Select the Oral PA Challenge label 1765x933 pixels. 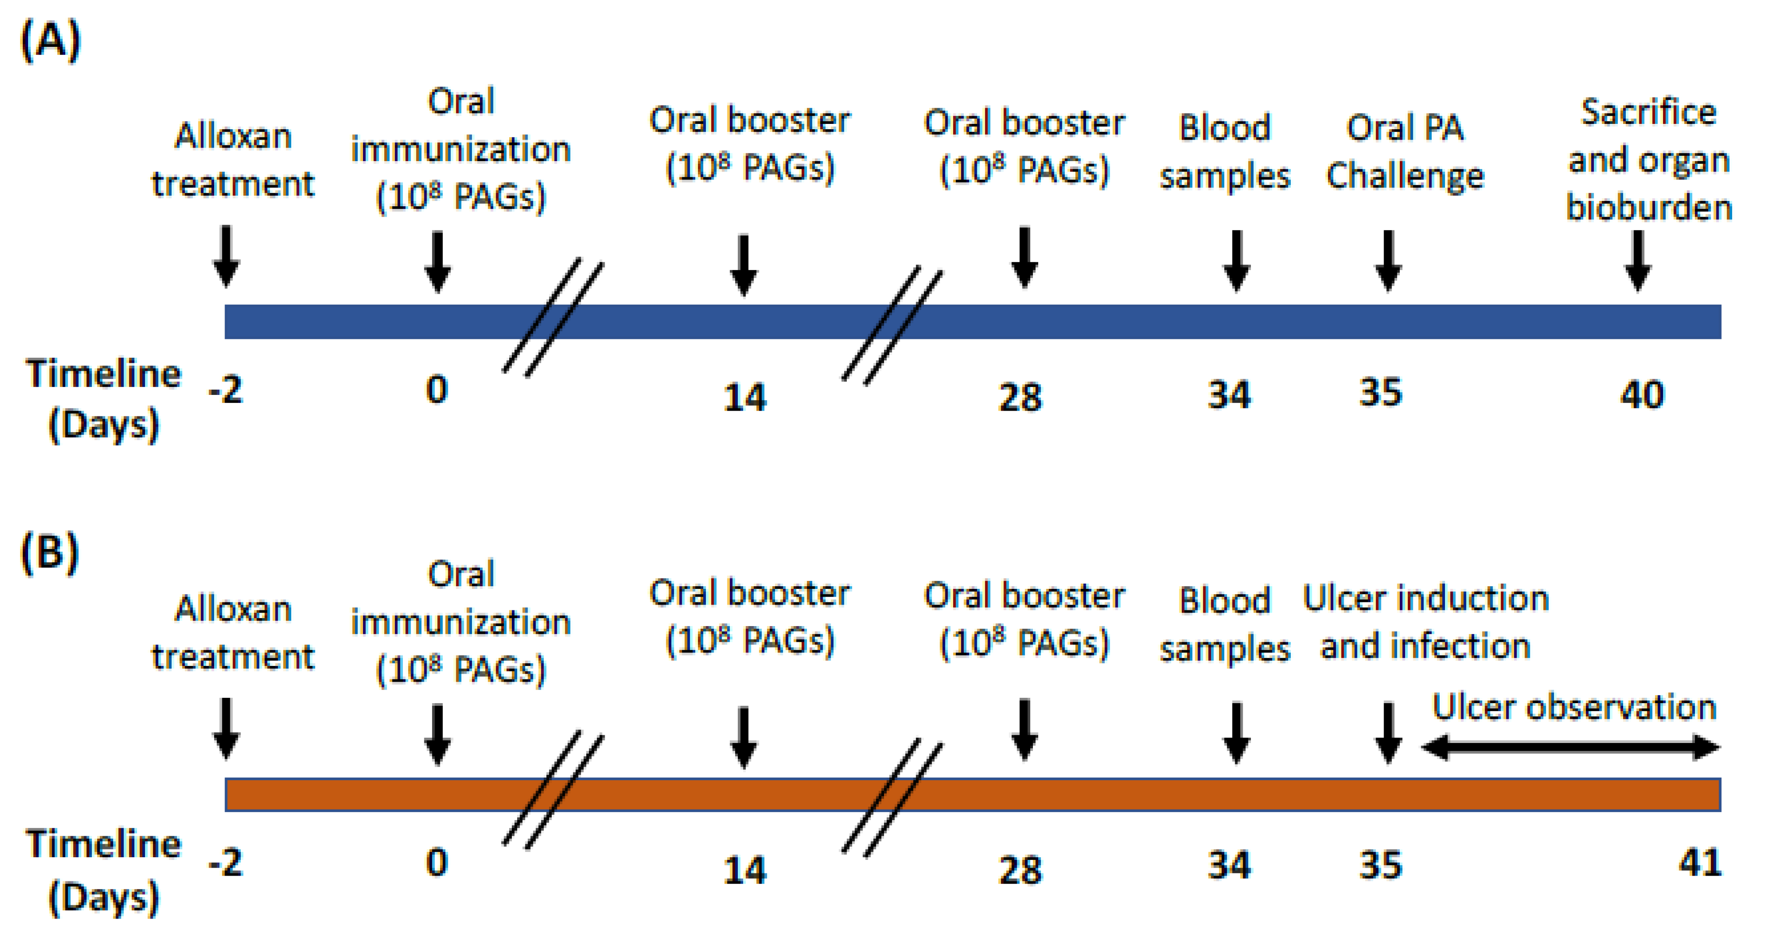click(x=1405, y=152)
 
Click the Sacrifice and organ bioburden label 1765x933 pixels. click(x=1649, y=160)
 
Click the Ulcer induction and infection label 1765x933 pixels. click(x=1425, y=622)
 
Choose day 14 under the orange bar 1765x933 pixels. click(x=745, y=870)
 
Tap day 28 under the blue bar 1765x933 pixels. click(x=1020, y=397)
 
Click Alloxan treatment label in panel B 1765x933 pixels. click(x=233, y=632)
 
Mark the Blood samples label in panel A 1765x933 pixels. click(x=1224, y=152)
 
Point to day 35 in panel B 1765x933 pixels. click(x=1381, y=865)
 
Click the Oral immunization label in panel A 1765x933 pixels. click(x=461, y=149)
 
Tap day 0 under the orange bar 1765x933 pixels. click(x=437, y=863)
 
